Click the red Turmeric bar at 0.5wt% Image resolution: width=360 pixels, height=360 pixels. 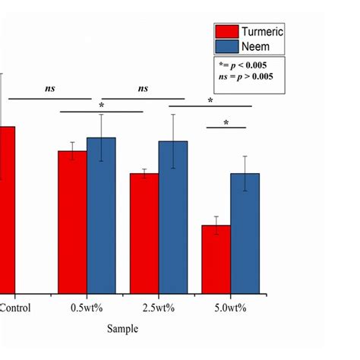click(72, 221)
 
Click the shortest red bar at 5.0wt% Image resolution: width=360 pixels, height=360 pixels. click(216, 258)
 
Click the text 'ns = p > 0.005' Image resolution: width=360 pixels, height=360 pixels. click(246, 77)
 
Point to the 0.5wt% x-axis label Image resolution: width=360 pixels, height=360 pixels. click(87, 308)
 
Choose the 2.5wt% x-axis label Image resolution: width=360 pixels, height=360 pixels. click(159, 308)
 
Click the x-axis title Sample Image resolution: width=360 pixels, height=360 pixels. click(122, 330)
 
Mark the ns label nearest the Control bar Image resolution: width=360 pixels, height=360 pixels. click(50, 89)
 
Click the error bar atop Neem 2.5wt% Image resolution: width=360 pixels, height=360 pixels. click(173, 141)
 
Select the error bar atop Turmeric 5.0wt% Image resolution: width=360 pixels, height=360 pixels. click(216, 226)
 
